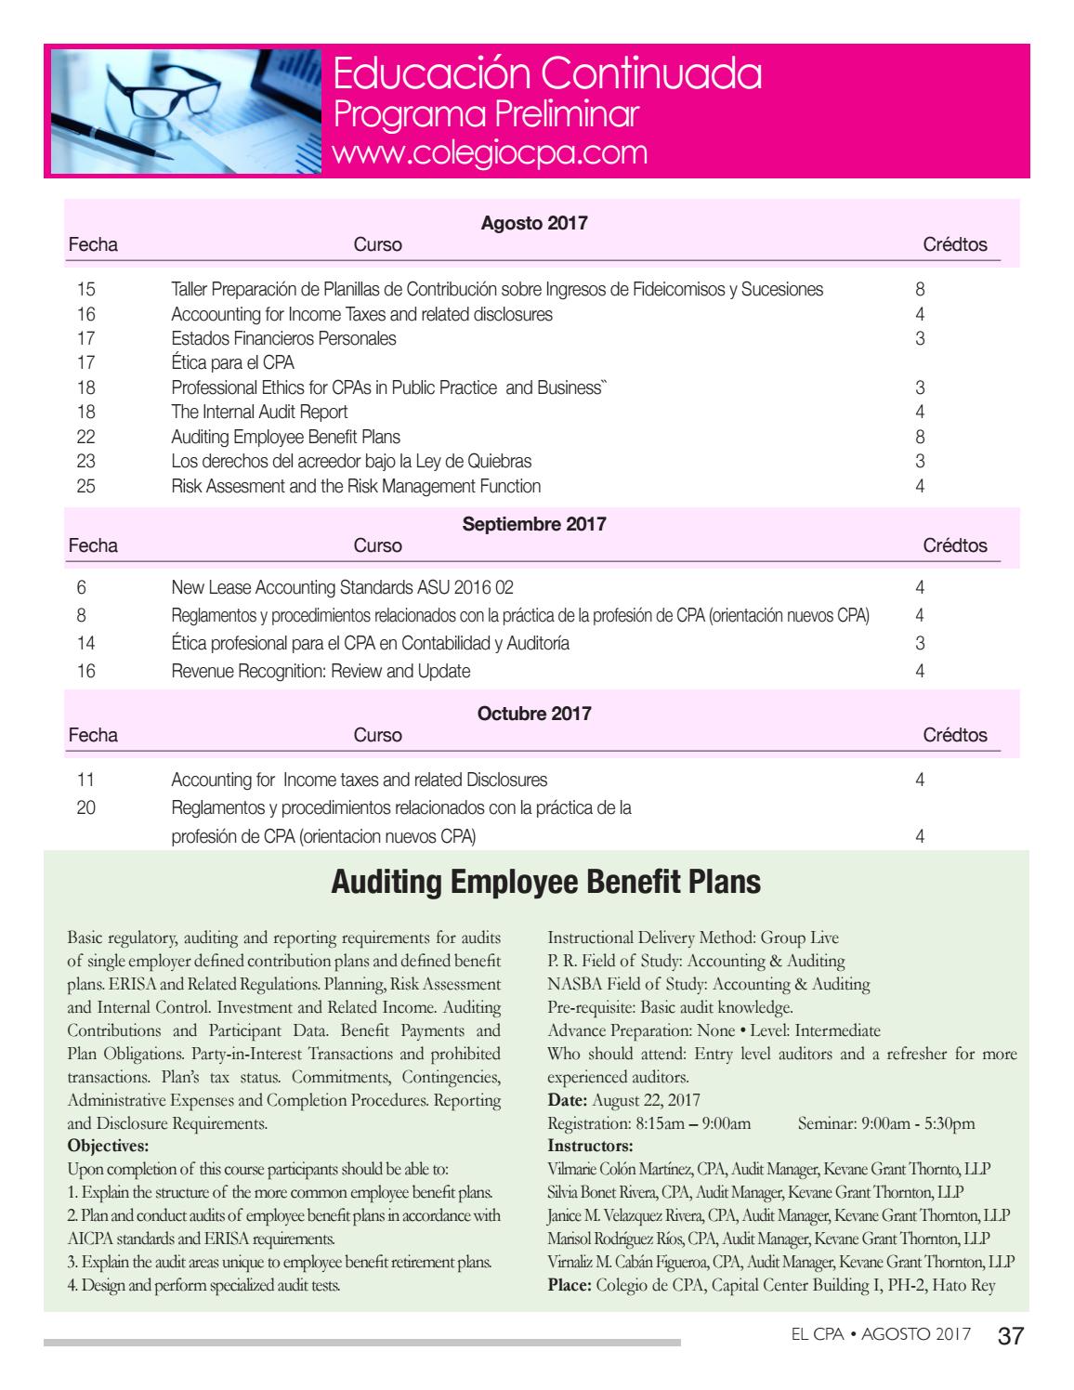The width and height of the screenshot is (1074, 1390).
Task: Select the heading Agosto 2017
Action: (533, 223)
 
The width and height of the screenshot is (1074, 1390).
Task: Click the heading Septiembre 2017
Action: (533, 524)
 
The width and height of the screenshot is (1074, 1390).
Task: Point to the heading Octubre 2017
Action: (533, 714)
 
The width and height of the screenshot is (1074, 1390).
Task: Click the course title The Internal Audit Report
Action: (259, 412)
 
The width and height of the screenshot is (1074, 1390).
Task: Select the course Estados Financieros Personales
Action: (283, 338)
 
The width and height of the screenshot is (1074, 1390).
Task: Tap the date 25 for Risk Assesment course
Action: (85, 486)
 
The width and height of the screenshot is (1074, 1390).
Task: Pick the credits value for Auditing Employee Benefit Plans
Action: (920, 437)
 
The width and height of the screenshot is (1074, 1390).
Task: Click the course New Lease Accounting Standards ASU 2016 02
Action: (342, 587)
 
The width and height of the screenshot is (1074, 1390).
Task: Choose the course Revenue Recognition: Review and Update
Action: (321, 671)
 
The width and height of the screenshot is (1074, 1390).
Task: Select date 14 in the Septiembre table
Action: (85, 643)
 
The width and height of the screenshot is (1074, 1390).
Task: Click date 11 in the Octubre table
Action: (85, 780)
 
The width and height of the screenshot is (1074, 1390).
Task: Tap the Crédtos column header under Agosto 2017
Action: (954, 245)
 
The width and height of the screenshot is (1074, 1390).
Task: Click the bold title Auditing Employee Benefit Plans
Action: (546, 882)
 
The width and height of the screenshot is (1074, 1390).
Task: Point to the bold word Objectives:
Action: (108, 1145)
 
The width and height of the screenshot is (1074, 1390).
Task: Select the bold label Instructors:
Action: (590, 1145)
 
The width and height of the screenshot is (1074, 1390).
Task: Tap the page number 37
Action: (1010, 1336)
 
